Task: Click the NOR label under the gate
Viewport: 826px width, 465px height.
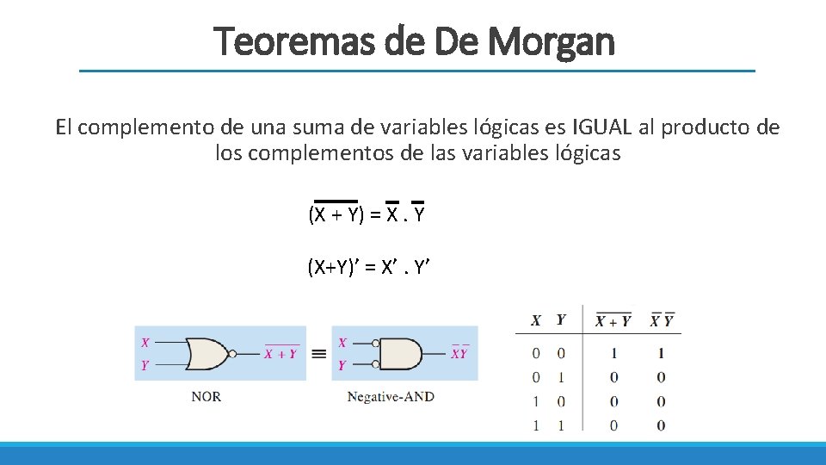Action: [206, 397]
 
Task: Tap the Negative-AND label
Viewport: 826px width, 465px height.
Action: [391, 397]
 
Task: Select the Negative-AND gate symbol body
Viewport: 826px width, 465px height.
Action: [401, 353]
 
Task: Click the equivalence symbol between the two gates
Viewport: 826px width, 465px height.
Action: [318, 353]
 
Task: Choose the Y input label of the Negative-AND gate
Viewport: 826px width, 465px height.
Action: [342, 365]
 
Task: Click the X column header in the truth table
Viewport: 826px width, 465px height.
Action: [536, 320]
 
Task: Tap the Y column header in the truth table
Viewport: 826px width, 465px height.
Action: [561, 320]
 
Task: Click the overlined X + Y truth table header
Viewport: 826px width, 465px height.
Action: [613, 321]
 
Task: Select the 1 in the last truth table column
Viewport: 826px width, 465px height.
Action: [661, 353]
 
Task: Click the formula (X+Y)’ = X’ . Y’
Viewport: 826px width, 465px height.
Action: [368, 268]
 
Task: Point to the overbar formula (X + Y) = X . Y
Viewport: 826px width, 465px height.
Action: [367, 214]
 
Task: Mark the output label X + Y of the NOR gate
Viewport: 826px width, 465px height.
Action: [281, 354]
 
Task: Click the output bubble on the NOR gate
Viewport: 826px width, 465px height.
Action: [232, 353]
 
